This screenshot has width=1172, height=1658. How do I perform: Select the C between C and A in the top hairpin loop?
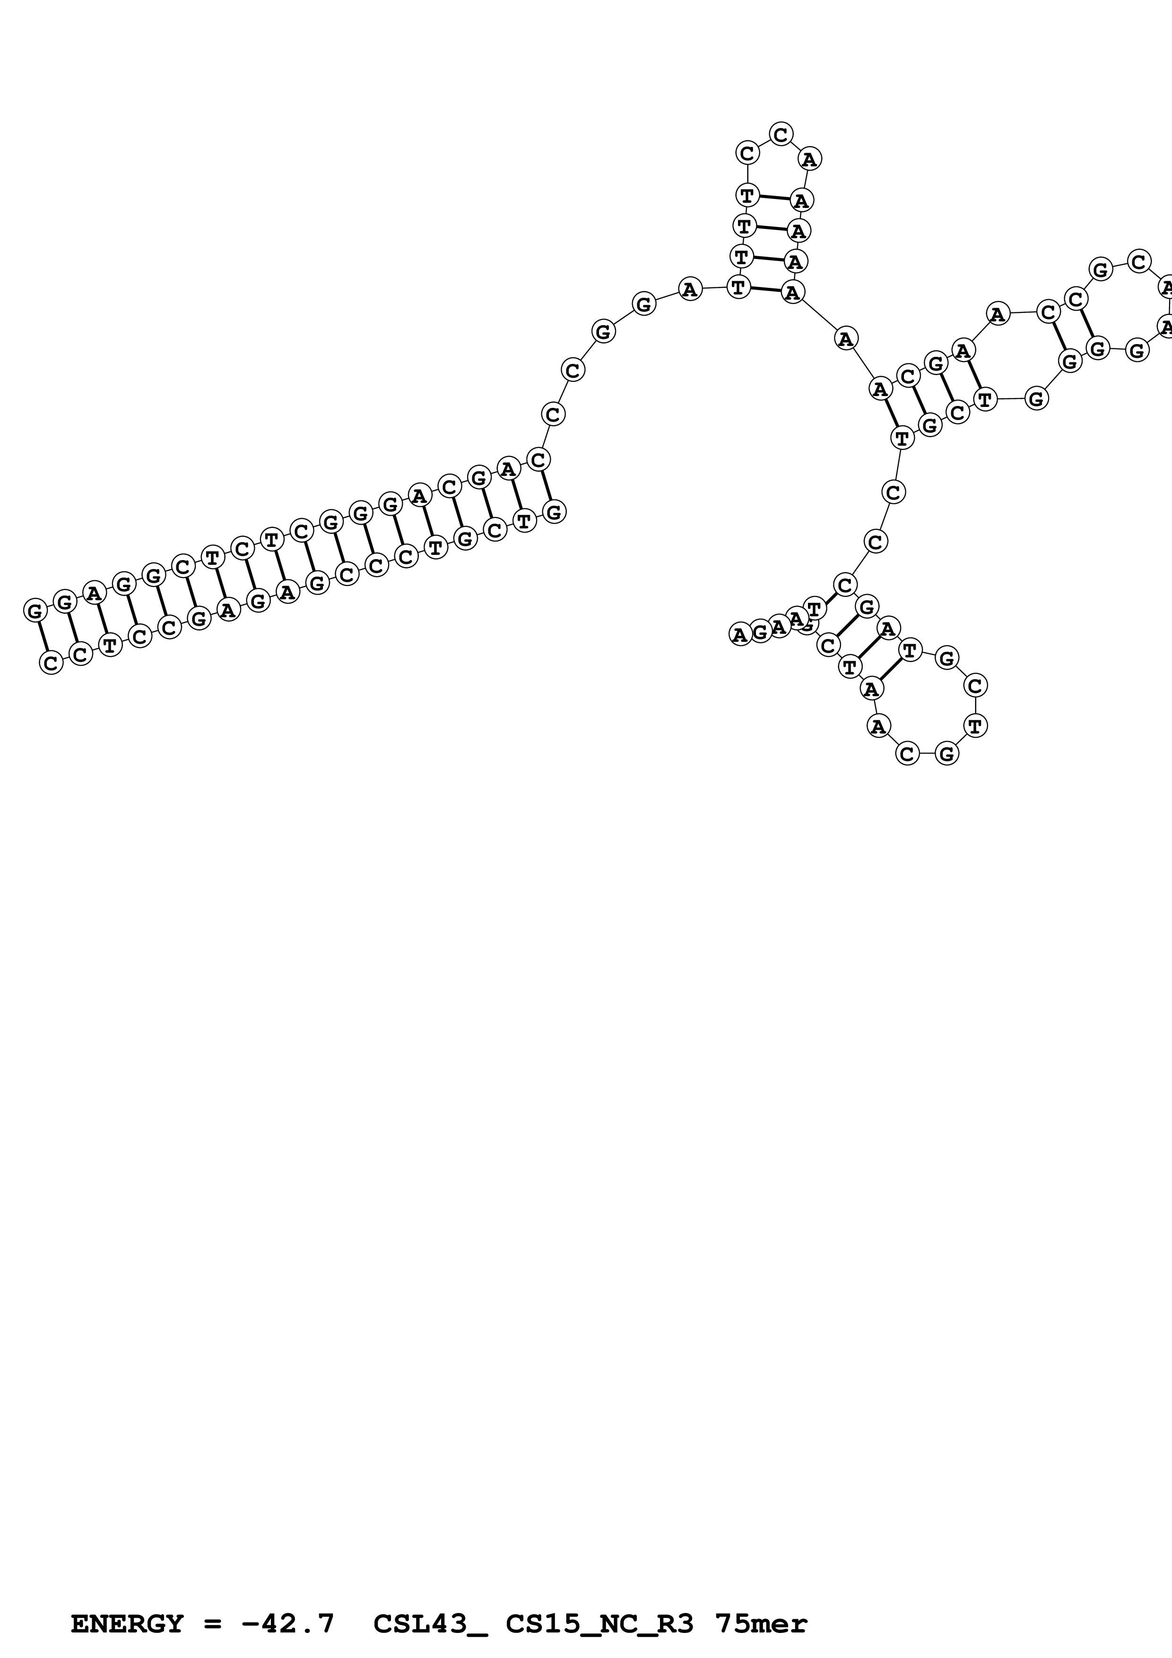coord(781,134)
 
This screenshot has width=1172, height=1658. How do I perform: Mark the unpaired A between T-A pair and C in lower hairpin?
coord(877,726)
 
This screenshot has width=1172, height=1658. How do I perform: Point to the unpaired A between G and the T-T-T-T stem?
coord(690,290)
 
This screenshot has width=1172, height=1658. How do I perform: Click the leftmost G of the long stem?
coord(35,611)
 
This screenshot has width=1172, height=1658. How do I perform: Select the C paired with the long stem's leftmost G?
coord(51,662)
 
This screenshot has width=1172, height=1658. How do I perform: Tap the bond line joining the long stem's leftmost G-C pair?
coord(43,636)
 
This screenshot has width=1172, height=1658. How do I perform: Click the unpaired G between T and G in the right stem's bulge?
coord(1036,398)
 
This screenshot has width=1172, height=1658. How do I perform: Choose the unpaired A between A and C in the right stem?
coord(997,314)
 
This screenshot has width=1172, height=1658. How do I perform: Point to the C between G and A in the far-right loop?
coord(1139,261)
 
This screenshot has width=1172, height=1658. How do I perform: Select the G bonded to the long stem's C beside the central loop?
coord(554,512)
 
